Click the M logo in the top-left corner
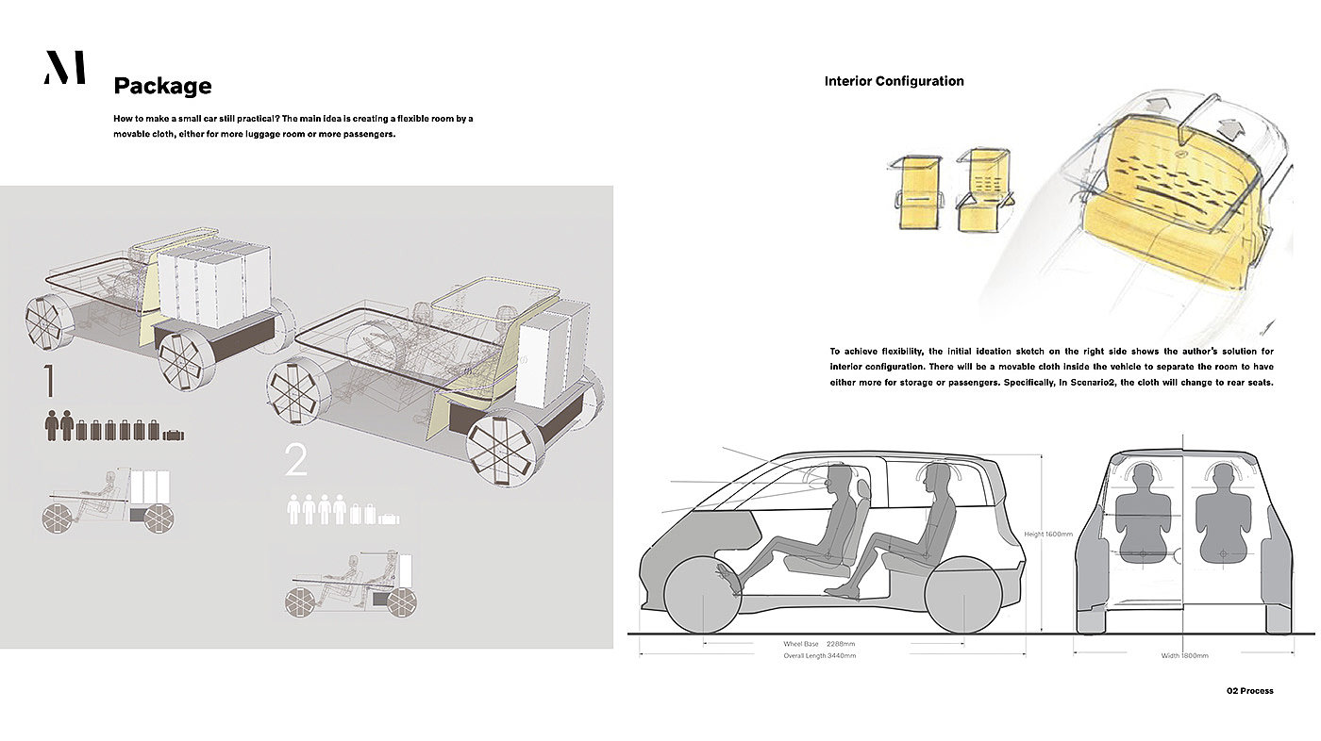pyautogui.click(x=64, y=68)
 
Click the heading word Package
pyautogui.click(x=162, y=87)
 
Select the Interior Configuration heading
pyautogui.click(x=894, y=81)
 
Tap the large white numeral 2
pyautogui.click(x=296, y=461)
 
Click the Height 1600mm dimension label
pyautogui.click(x=1048, y=535)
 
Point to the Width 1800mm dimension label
pyautogui.click(x=1184, y=655)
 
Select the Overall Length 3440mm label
pyautogui.click(x=819, y=655)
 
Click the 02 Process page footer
pyautogui.click(x=1249, y=691)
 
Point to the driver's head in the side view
pyautogui.click(x=838, y=476)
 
